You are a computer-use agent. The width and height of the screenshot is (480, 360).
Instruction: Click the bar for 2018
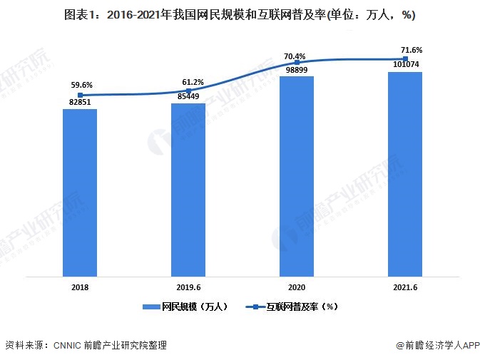coord(80,192)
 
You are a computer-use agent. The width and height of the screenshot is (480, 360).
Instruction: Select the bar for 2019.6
coord(188,190)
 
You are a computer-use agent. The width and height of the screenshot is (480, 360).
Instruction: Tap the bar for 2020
coord(297,176)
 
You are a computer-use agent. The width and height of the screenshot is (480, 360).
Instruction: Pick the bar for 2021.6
coord(405,174)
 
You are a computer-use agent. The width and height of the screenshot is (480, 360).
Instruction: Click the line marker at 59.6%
coord(81,95)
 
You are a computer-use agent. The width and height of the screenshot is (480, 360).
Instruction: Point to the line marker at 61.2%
coord(188,91)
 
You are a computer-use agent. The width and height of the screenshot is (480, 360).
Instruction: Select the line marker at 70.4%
coord(297,62)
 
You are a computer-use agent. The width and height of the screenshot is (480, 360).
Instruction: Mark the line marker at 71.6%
coord(405,59)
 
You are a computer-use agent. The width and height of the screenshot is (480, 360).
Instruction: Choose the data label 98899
coord(297,71)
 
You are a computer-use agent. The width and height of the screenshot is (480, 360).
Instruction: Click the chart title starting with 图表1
coord(240,14)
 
